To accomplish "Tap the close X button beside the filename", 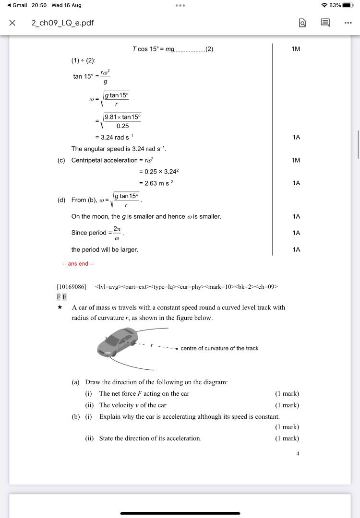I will coord(12,23).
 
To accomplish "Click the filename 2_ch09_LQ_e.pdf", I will coord(62,23).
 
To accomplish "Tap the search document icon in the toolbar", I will coord(302,23).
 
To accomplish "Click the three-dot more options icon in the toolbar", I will coord(348,23).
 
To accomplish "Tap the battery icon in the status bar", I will coord(348,5).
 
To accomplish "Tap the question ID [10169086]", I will coord(72,287).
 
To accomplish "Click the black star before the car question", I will coord(60,307).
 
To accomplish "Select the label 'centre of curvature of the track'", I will coord(219,348).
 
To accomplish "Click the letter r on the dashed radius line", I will coord(152,345).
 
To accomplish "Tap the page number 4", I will coord(298,453).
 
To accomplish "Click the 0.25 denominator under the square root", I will coord(123,126).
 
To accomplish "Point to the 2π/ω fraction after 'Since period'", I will coord(116,233).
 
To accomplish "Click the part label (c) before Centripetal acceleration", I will coord(61,160).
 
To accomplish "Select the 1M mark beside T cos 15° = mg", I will coord(296,49).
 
